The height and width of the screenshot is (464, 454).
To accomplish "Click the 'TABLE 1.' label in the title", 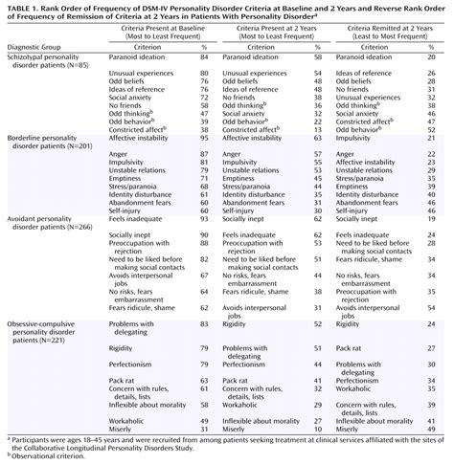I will (21, 7).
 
